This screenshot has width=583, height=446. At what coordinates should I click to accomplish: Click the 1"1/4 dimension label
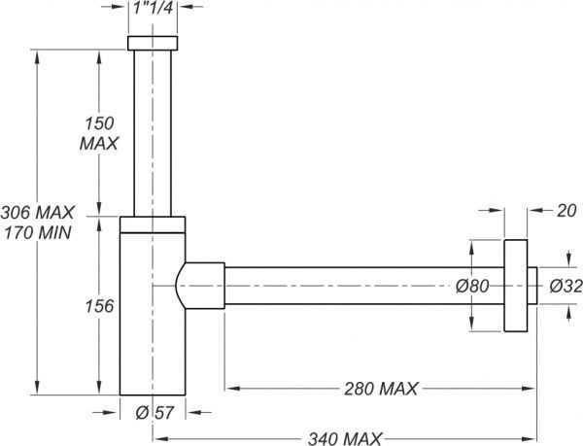153,7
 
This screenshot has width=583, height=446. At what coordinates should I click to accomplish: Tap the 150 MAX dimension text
98,133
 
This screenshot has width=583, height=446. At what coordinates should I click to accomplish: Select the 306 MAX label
37,213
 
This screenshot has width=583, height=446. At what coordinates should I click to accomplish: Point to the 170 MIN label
37,232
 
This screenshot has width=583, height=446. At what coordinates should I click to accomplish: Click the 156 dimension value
99,306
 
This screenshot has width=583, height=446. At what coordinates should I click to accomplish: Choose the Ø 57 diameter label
154,413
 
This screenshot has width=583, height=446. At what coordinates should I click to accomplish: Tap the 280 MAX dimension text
381,389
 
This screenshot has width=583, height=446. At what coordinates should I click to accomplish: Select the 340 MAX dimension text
345,438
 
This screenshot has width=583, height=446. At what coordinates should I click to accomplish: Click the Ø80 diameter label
472,287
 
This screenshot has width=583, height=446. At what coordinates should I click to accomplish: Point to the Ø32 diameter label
566,287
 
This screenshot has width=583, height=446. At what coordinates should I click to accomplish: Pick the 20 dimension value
566,211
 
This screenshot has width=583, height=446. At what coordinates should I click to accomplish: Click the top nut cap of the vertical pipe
153,43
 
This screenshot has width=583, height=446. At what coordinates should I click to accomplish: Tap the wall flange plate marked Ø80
516,286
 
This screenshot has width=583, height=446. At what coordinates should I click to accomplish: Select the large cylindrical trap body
153,313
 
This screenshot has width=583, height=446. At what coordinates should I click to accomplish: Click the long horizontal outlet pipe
364,286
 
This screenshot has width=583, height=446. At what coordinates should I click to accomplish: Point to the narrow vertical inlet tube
153,133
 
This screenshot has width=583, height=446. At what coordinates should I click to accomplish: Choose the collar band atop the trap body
153,224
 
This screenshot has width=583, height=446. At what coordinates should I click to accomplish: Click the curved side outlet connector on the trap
200,286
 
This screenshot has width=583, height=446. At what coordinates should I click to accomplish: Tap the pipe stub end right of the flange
532,286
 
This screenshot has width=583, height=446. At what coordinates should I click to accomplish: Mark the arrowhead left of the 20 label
497,210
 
